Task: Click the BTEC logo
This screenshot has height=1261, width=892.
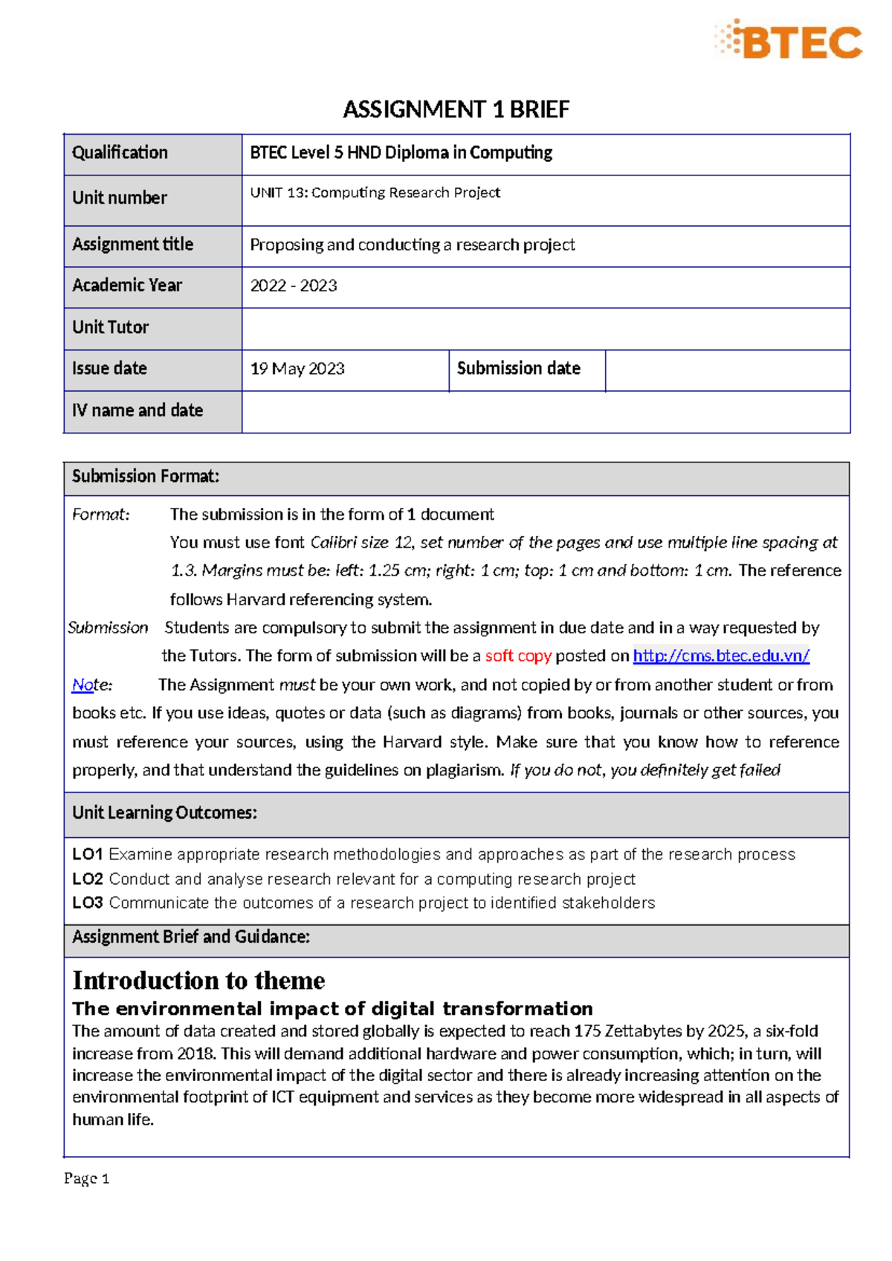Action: (x=789, y=40)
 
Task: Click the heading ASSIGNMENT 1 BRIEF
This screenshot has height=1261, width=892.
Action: (x=456, y=110)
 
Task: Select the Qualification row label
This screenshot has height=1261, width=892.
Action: (x=120, y=153)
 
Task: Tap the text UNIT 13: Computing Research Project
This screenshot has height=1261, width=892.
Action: (x=375, y=193)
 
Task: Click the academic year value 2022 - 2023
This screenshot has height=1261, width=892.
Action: (x=294, y=286)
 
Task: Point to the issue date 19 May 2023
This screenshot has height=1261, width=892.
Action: (x=297, y=370)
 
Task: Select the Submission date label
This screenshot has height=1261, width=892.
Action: (x=518, y=369)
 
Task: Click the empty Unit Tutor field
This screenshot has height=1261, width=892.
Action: (x=545, y=328)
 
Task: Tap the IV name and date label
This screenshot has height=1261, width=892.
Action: (x=138, y=410)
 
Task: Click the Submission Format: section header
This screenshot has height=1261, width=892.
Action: (x=146, y=477)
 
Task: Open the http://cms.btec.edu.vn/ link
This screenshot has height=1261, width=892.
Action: (x=720, y=656)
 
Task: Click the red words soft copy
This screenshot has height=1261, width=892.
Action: (x=518, y=656)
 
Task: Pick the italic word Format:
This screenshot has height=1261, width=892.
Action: (x=100, y=515)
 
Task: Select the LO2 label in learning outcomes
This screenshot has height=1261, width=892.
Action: (x=87, y=879)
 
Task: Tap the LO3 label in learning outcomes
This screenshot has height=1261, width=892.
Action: (x=87, y=903)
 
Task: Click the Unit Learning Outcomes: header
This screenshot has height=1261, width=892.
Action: (x=164, y=813)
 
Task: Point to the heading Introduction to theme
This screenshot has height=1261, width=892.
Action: (x=198, y=981)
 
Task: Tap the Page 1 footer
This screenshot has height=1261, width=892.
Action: (x=86, y=1178)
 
